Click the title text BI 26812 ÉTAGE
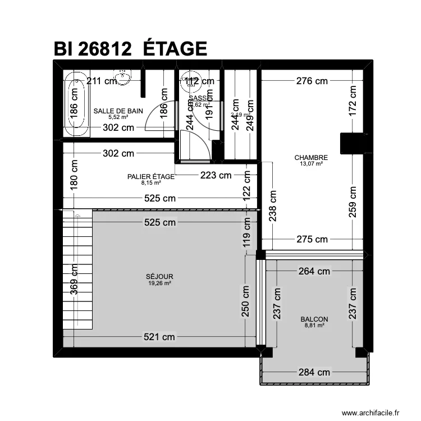click(x=130, y=49)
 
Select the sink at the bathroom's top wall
click(x=122, y=75)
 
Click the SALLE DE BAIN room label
click(x=118, y=111)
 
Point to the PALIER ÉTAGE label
click(x=150, y=176)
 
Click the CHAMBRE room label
click(x=310, y=158)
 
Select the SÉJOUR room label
click(x=159, y=277)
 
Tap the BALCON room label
click(x=314, y=319)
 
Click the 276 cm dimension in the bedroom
click(x=312, y=81)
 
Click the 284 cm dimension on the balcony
click(x=314, y=372)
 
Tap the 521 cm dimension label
click(x=159, y=337)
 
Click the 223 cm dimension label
click(x=216, y=175)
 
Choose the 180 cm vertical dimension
click(x=74, y=175)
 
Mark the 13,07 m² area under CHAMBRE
click(x=311, y=164)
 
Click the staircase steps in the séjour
click(x=77, y=269)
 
